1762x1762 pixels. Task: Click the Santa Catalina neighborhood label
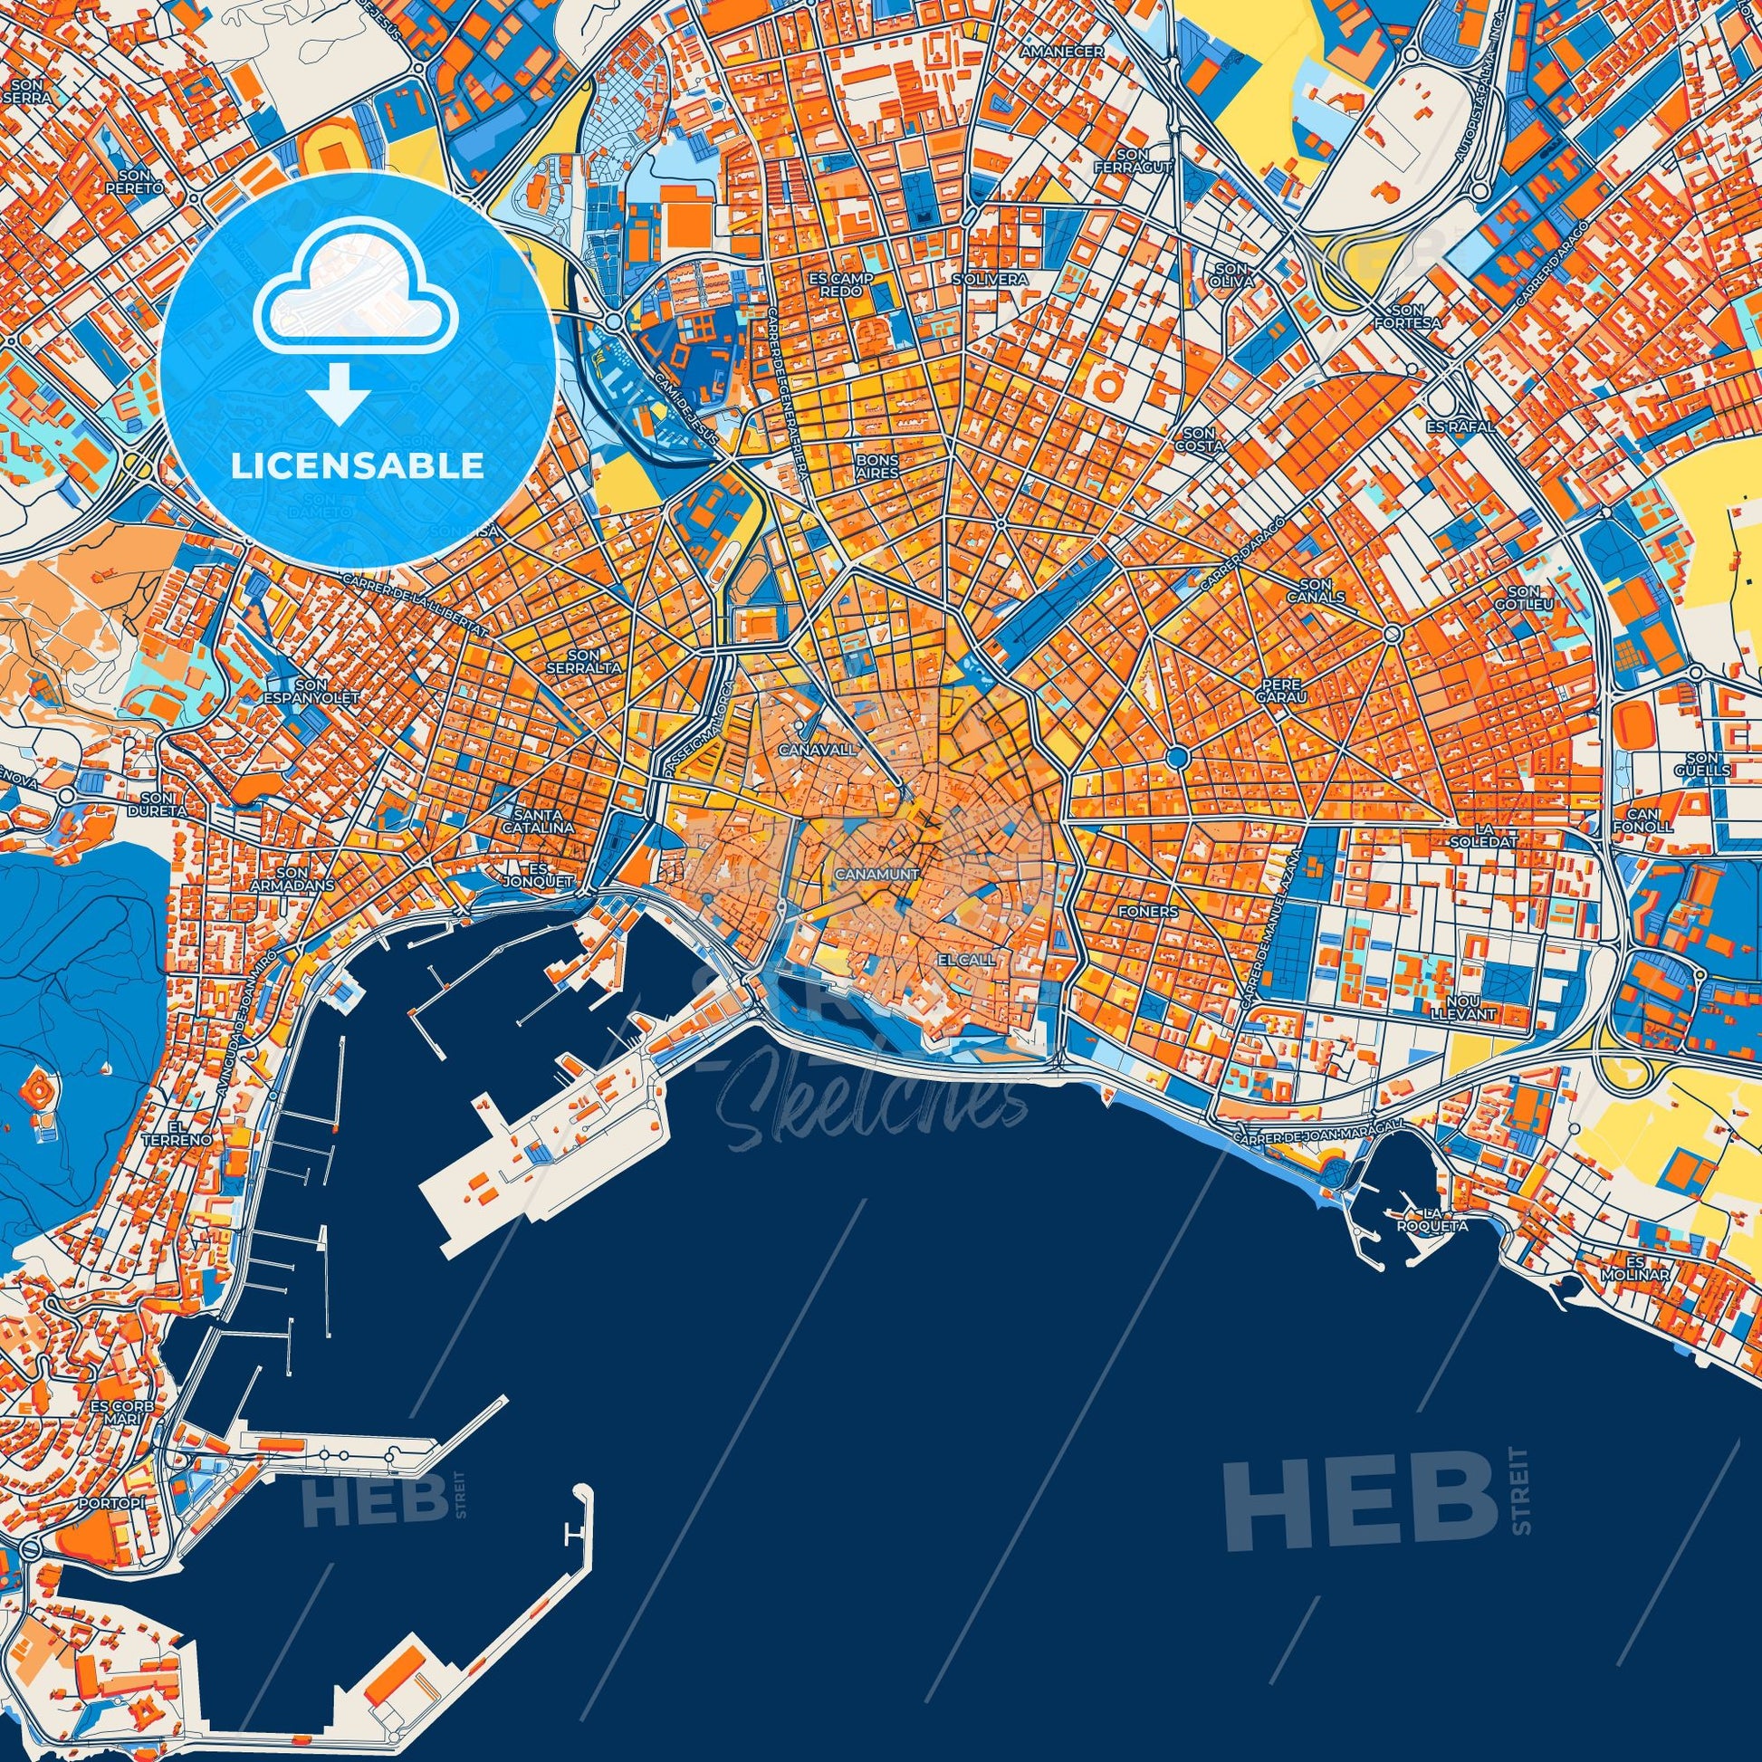544,822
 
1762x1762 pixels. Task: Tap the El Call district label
966,961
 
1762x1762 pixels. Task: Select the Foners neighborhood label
1147,912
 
